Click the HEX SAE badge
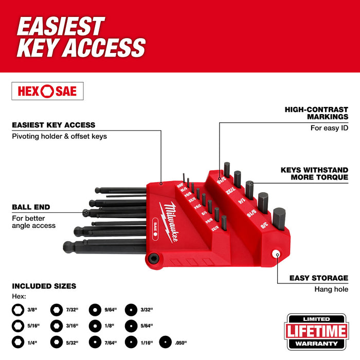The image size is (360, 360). click(47, 91)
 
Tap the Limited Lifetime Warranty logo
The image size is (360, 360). click(317, 331)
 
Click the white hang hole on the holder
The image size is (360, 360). click(276, 254)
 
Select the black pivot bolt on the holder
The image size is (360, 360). click(153, 258)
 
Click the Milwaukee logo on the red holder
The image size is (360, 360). click(174, 217)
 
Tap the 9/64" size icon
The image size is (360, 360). click(94, 310)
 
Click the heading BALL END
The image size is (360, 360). click(31, 207)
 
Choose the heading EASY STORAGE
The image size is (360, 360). click(318, 278)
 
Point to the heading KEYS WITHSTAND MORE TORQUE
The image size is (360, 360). click(314, 173)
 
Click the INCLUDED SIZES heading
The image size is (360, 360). click(44, 286)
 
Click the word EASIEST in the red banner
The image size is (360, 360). click(61, 27)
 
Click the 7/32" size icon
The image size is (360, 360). click(56, 310)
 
